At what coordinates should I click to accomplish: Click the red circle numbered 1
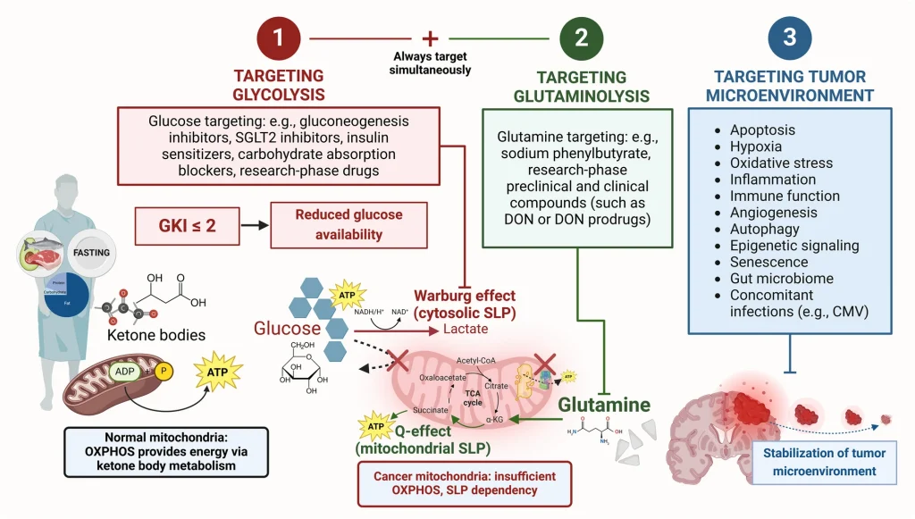(278, 39)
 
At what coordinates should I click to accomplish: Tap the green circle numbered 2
(581, 39)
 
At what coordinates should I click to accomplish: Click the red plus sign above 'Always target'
(431, 38)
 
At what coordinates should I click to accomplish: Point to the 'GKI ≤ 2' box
(187, 225)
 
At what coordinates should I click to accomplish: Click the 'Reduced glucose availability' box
(337, 225)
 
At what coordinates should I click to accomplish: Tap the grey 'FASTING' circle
(91, 253)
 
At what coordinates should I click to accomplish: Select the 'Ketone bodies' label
(156, 335)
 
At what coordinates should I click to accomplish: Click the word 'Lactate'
(466, 329)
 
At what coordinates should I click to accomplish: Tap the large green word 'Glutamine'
(604, 405)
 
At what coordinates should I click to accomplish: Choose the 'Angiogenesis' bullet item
(773, 213)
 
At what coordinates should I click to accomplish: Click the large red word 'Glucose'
(286, 328)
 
